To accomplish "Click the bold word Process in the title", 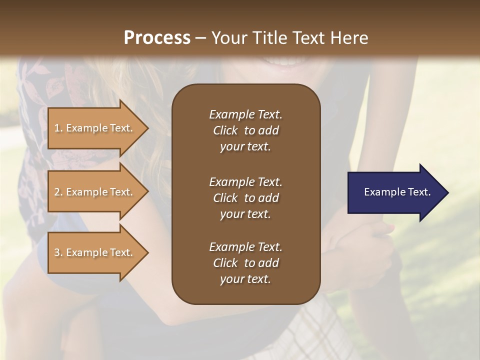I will click(157, 38).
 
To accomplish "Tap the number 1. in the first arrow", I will click(58, 128).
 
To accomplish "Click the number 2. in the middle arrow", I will click(58, 192).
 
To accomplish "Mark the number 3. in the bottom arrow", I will click(58, 252).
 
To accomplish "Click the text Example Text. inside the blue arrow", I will click(397, 192).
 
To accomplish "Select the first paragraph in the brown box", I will click(245, 130).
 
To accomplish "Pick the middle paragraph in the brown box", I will click(245, 198).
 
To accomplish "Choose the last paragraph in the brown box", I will click(245, 263).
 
